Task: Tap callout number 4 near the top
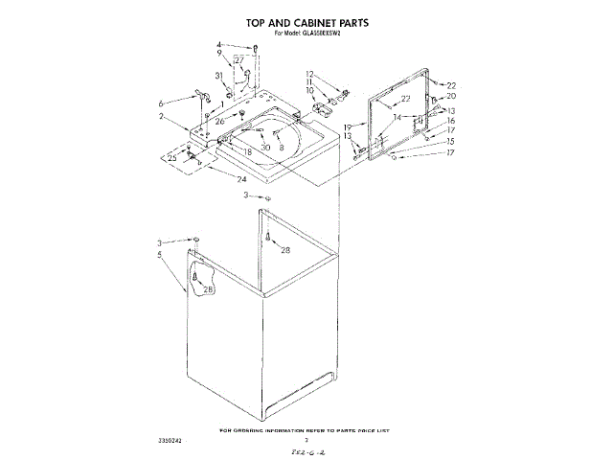tap(218, 44)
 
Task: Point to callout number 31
tap(218, 76)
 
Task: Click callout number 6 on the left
tap(161, 103)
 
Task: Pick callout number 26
tap(219, 122)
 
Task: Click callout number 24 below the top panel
tap(241, 178)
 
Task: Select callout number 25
tap(172, 156)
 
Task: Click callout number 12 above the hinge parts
tap(309, 74)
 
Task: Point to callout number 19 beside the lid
tap(349, 126)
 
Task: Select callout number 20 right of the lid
tap(451, 97)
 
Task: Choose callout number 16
tap(451, 121)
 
